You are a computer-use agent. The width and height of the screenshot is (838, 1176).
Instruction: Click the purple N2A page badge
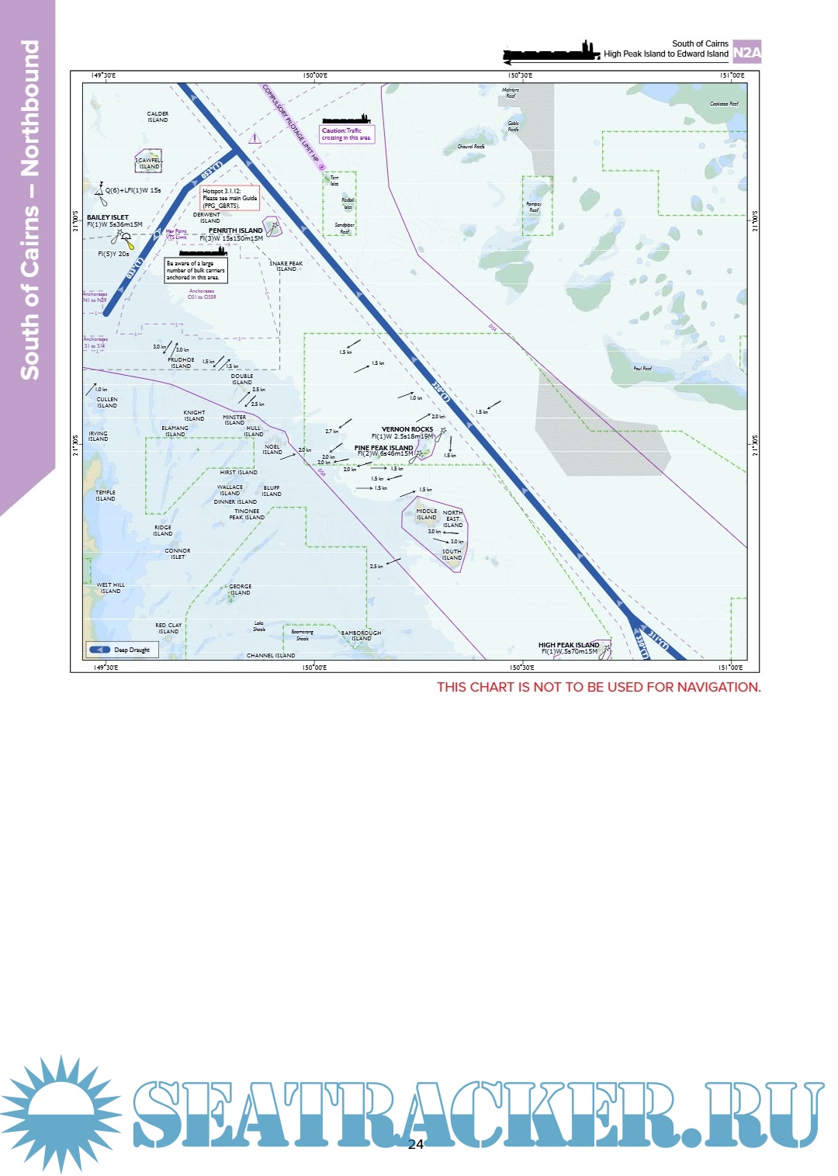coord(746,52)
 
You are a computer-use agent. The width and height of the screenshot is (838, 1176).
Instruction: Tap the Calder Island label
coord(158,117)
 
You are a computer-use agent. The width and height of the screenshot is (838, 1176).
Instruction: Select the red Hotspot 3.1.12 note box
coord(230,198)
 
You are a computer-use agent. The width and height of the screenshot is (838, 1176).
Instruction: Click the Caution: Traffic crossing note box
coord(347,134)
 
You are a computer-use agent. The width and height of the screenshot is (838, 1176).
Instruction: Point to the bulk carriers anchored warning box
coord(196,270)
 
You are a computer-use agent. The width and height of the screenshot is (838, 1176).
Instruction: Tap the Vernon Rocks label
coord(407,429)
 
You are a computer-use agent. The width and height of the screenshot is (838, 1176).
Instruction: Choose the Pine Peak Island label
coord(384,448)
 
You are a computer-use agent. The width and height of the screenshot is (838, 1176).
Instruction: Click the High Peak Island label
coord(569,645)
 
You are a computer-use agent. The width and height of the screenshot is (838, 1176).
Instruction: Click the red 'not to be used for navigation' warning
coord(598,687)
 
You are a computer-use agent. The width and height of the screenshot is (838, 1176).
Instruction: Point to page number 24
coord(416,1144)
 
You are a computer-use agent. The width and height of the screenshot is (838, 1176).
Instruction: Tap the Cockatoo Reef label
coord(724,104)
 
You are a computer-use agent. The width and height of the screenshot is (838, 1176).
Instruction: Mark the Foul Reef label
coord(642,369)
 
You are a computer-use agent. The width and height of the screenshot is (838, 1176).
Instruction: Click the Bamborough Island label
coord(361,636)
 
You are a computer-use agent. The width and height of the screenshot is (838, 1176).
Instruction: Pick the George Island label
coord(240,589)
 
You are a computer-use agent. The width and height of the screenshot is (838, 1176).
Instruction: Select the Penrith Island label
coord(235,231)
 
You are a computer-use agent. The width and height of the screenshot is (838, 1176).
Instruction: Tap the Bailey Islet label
coord(108,218)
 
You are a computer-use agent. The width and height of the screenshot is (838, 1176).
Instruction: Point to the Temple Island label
coord(106,495)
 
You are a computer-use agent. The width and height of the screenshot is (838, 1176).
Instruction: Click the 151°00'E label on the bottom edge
coord(731,668)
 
